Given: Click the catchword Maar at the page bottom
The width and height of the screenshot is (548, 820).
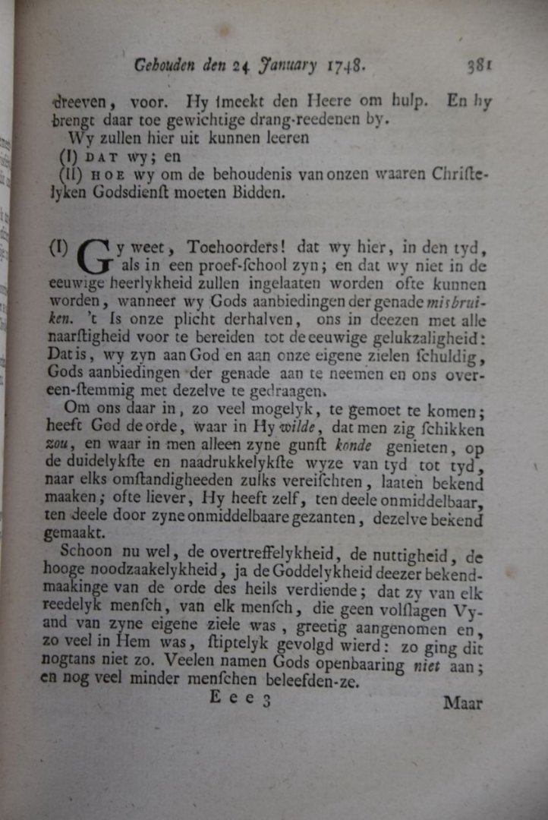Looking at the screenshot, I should click(462, 703).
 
